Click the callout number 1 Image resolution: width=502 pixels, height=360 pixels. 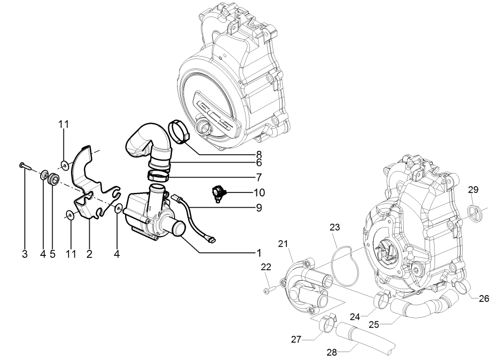pyautogui.click(x=258, y=252)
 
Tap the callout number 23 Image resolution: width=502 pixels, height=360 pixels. pyautogui.click(x=336, y=228)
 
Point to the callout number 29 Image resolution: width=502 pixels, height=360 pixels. pyautogui.click(x=473, y=190)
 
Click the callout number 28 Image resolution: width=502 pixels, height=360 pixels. pyautogui.click(x=332, y=352)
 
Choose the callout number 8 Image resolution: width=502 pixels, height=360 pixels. pyautogui.click(x=258, y=153)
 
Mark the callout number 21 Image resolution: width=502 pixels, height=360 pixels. pyautogui.click(x=283, y=243)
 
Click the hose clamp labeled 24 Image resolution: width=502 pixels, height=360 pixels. pyautogui.click(x=382, y=299)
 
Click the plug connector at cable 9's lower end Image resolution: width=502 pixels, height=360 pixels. pyautogui.click(x=212, y=241)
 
